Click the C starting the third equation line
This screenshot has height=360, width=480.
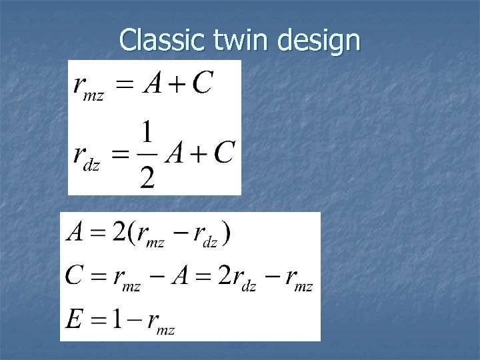(75, 275)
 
